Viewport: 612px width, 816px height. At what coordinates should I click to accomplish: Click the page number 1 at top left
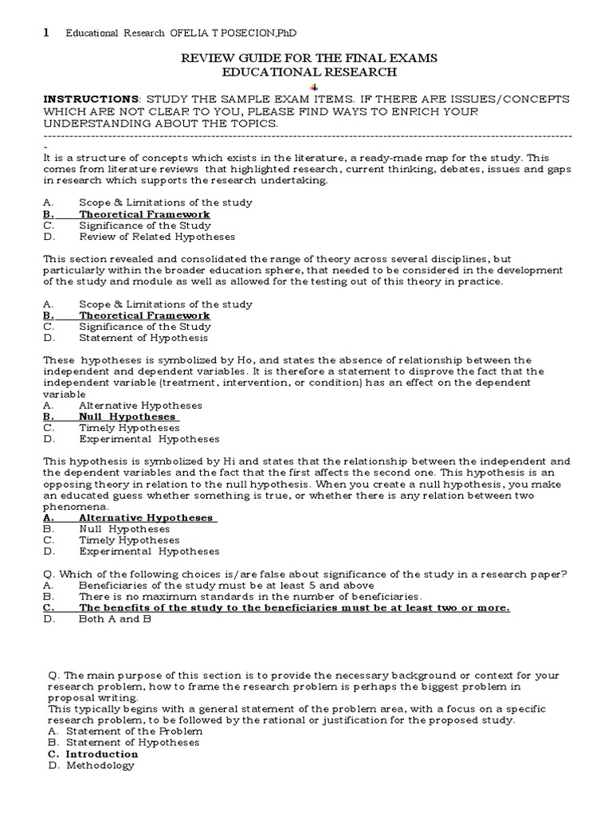(x=45, y=32)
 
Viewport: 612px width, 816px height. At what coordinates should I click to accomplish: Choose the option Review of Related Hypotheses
(x=157, y=237)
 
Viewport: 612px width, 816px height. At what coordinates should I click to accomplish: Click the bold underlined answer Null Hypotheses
(x=127, y=416)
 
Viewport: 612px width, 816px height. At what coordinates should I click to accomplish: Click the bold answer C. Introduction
(x=102, y=754)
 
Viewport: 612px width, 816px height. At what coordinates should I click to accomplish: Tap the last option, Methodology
(x=100, y=766)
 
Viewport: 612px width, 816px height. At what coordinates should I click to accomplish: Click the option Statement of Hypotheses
(x=132, y=742)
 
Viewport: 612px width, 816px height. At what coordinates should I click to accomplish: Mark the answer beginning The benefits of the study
(x=294, y=607)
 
